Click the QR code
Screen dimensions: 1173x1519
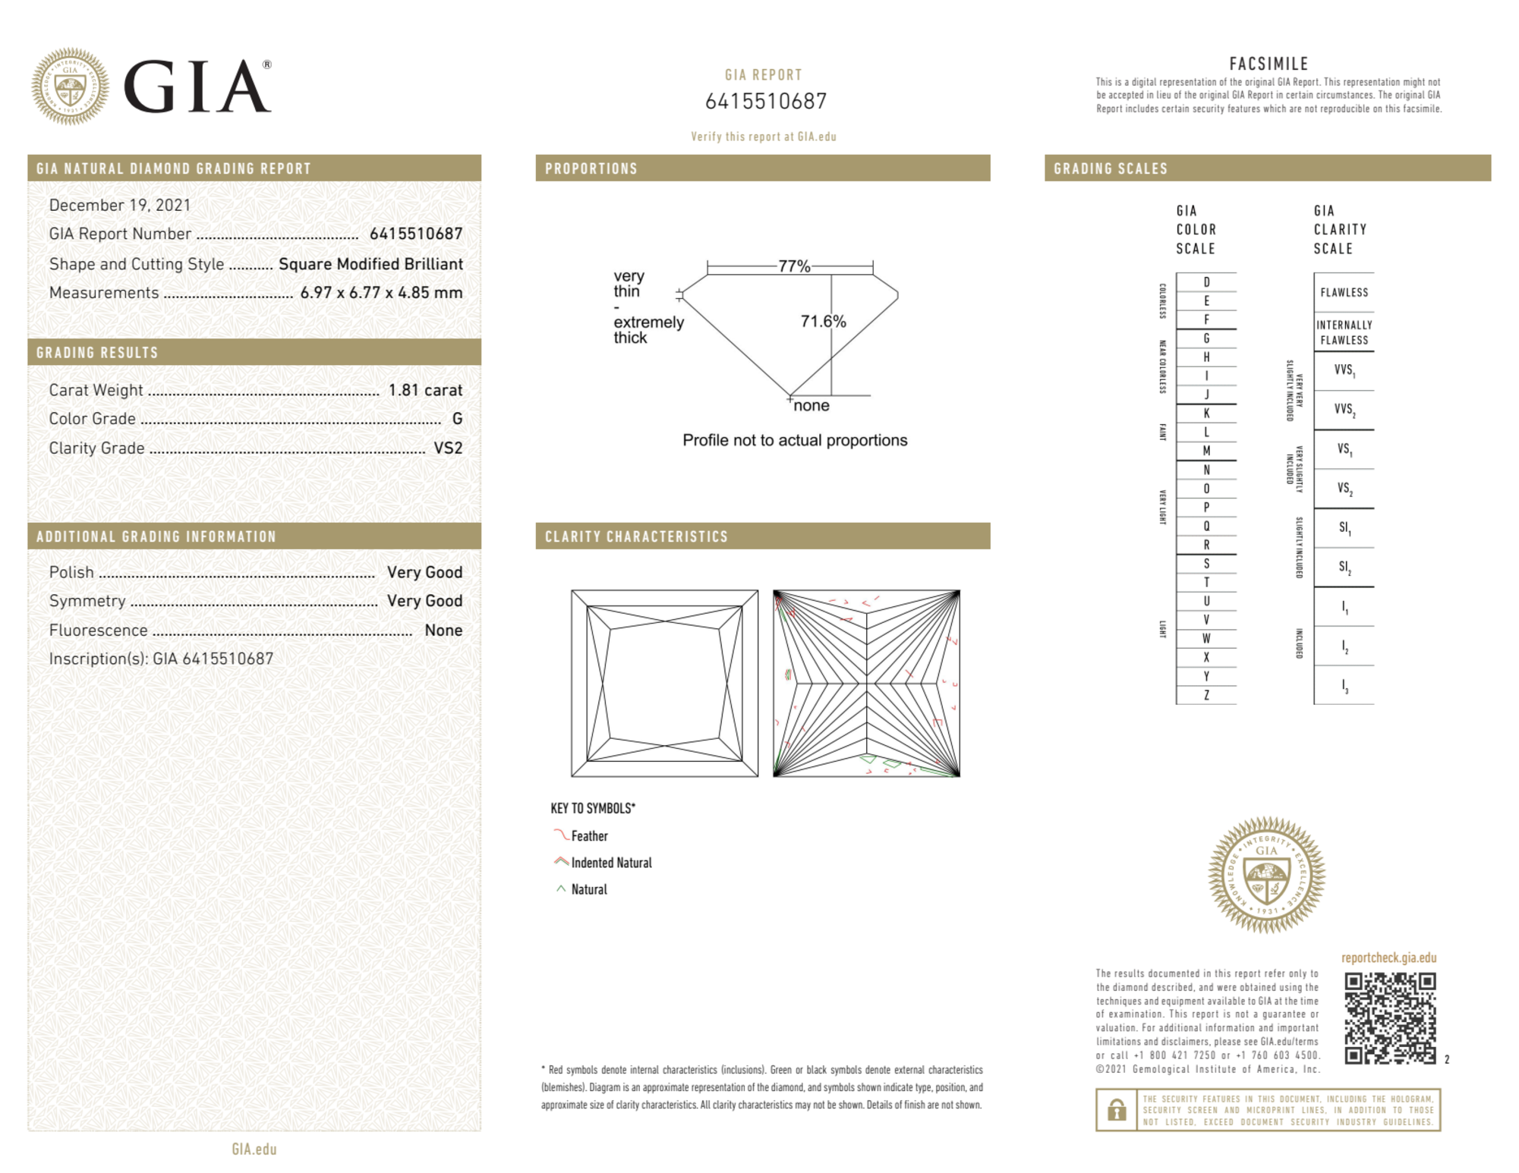[1389, 1017]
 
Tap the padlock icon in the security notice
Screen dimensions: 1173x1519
[1116, 1110]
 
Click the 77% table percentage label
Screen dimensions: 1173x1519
[794, 266]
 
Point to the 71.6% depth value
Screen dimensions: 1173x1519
[823, 322]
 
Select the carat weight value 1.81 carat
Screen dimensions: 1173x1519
[425, 390]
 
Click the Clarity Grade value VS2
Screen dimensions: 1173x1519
[448, 448]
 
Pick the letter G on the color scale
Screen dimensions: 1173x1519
[1206, 338]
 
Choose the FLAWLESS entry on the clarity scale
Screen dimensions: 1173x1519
[1344, 293]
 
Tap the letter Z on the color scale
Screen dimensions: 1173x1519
[1206, 695]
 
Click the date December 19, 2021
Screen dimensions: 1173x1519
[120, 205]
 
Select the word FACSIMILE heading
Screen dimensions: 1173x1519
[1268, 64]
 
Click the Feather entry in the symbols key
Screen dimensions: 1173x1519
[589, 836]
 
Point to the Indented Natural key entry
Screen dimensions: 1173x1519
[611, 863]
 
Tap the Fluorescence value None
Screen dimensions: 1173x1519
[443, 631]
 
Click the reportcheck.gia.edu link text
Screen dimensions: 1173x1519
[1388, 958]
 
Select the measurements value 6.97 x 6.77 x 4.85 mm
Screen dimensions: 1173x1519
[381, 293]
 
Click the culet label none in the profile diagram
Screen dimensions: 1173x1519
[811, 406]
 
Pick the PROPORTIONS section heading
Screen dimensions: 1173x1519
[591, 168]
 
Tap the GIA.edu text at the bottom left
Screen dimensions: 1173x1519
[254, 1149]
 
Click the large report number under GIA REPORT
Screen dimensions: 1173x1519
[765, 101]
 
